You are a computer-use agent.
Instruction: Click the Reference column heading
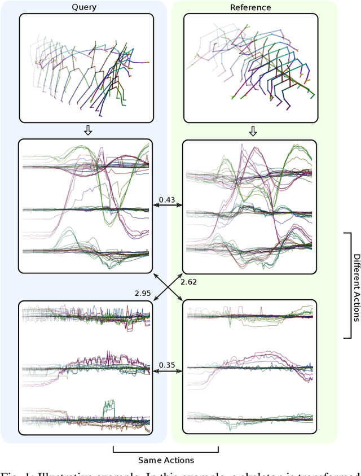(250, 7)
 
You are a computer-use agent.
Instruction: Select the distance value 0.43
(167, 199)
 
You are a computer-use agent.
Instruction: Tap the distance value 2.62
(188, 281)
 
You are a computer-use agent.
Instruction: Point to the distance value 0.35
(167, 365)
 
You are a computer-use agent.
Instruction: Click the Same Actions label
(166, 460)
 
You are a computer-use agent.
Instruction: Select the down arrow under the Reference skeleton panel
(252, 131)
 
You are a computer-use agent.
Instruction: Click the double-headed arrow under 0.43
(167, 207)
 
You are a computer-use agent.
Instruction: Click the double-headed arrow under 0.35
(167, 372)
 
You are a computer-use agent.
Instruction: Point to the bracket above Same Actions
(166, 451)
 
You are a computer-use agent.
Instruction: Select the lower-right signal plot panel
(250, 366)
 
